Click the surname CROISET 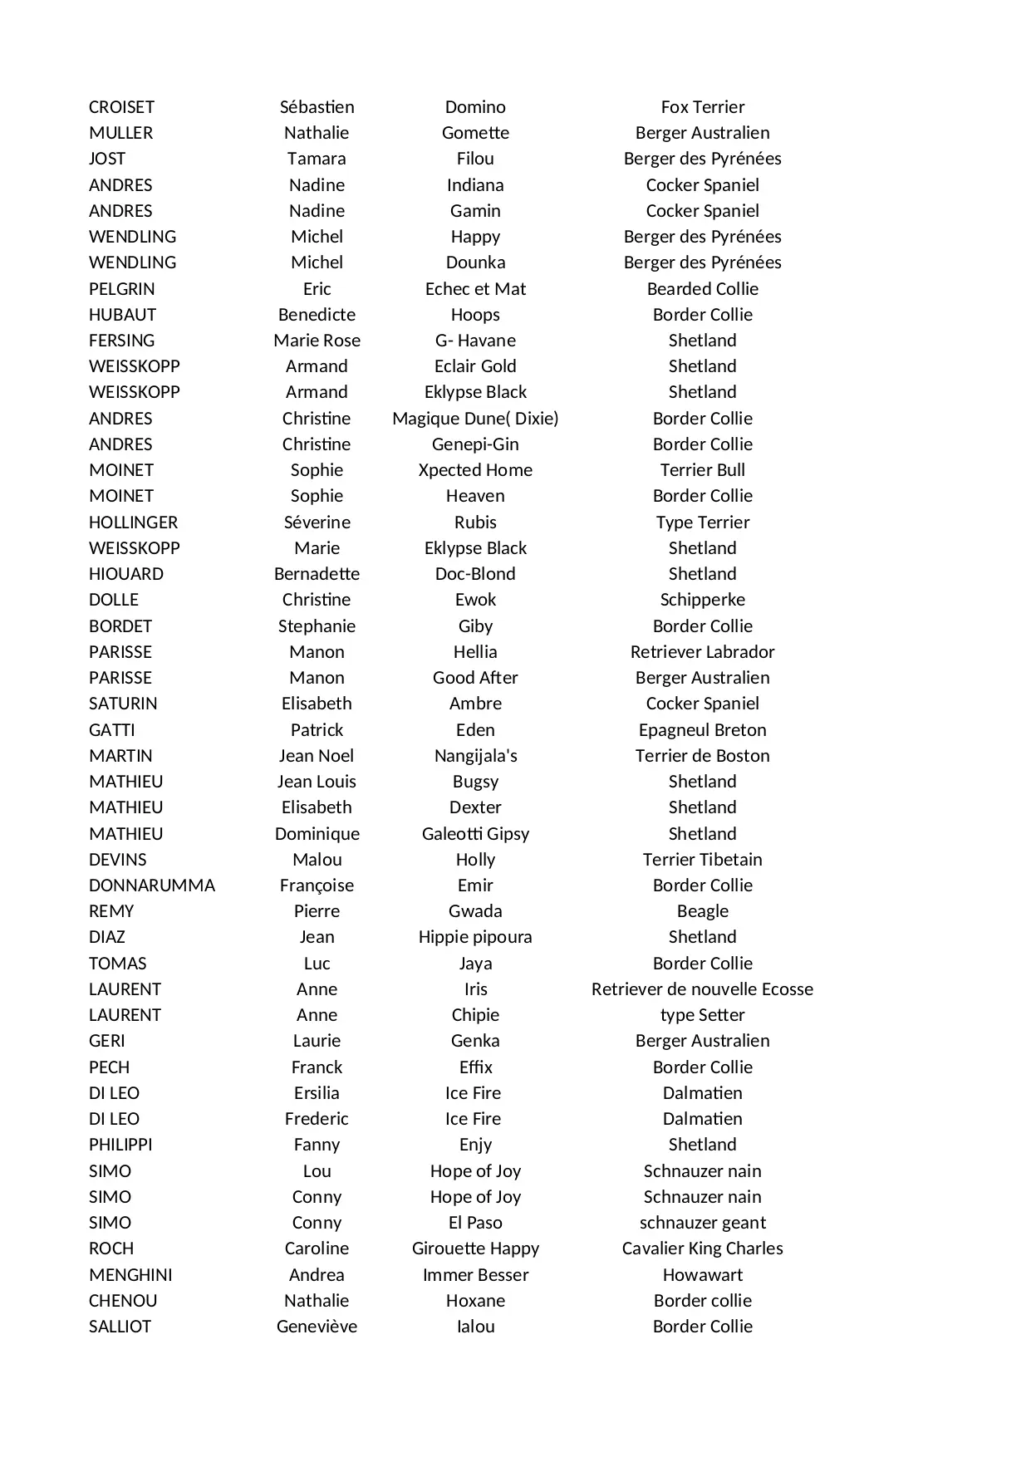click(x=121, y=107)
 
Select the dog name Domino click(x=475, y=107)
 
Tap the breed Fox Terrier click(x=702, y=107)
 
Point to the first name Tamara click(x=317, y=159)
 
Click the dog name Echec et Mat click(x=475, y=289)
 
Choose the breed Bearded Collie click(x=702, y=289)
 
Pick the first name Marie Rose click(x=317, y=341)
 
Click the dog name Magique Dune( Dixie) click(x=475, y=419)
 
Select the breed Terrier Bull click(x=702, y=470)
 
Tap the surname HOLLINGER click(x=133, y=522)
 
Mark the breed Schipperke click(x=702, y=600)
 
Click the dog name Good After click(x=475, y=678)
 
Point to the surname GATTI click(x=111, y=730)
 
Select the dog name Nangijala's click(x=475, y=756)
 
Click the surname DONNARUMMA click(x=151, y=885)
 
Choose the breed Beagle click(x=702, y=911)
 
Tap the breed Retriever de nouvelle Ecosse click(x=702, y=989)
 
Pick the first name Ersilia click(x=317, y=1093)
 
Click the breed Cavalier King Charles click(x=702, y=1249)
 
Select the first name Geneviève click(x=317, y=1327)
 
